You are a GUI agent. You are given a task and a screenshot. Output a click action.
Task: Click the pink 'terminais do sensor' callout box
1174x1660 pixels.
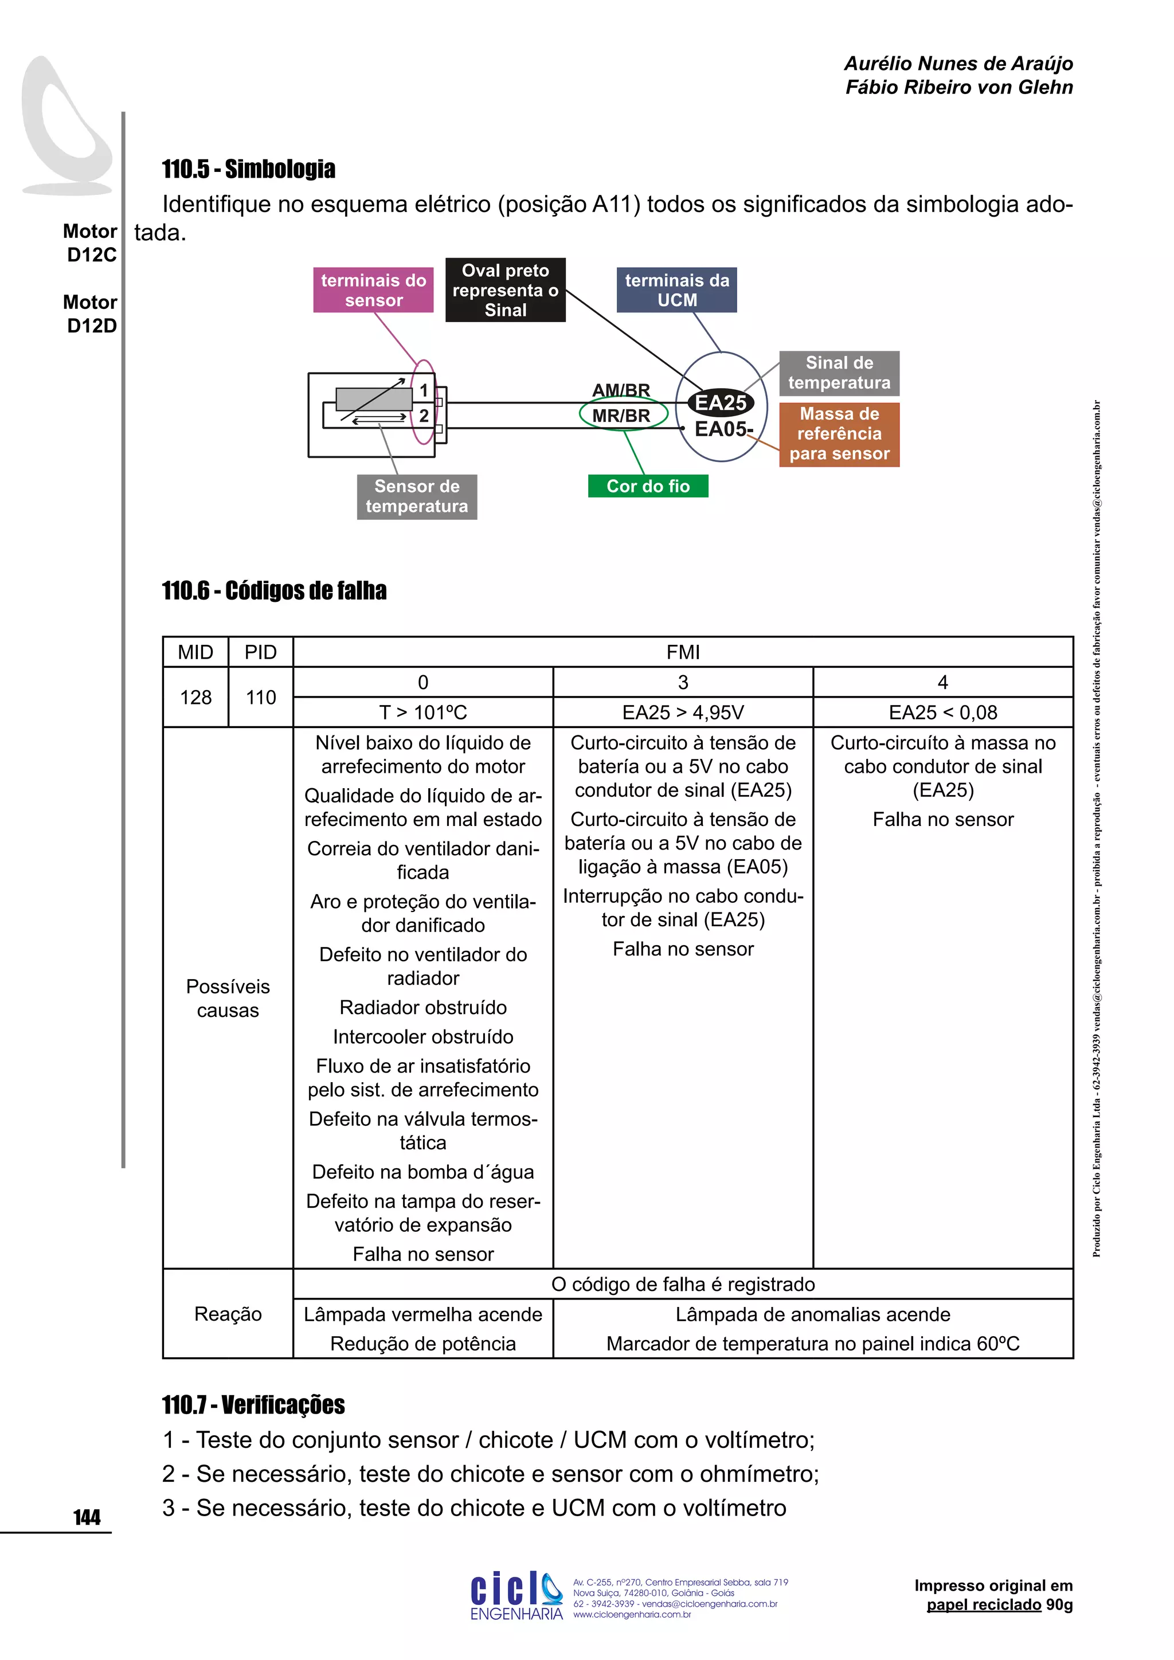[x=373, y=290]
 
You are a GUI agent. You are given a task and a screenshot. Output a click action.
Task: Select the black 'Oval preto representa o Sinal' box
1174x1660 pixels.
[x=505, y=290]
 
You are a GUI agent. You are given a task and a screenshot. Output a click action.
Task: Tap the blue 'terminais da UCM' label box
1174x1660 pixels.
[x=676, y=290]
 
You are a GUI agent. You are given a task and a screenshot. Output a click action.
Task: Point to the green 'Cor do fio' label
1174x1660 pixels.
[x=648, y=486]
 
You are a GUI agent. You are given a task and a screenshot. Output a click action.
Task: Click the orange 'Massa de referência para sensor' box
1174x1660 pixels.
[x=839, y=434]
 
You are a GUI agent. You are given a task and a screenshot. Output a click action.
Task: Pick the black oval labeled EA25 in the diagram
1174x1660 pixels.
[x=720, y=403]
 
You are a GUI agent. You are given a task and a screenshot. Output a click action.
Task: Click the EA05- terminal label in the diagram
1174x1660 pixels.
[x=722, y=429]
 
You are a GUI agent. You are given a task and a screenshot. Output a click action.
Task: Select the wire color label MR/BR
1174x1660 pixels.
[x=621, y=416]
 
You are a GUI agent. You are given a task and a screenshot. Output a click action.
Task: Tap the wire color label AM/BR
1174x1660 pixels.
[x=621, y=390]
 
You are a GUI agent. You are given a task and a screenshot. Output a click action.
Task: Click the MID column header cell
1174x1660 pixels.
[x=195, y=652]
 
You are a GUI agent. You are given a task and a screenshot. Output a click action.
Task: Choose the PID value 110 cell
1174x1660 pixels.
[x=260, y=697]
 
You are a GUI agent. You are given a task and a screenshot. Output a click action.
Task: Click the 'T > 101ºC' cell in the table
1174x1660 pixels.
[x=423, y=712]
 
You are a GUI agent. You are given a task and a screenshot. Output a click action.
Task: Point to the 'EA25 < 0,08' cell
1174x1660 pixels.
[x=942, y=712]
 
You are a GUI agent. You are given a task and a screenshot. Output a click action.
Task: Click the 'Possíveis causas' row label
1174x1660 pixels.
[x=228, y=998]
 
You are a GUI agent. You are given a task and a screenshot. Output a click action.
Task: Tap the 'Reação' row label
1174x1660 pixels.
[x=228, y=1314]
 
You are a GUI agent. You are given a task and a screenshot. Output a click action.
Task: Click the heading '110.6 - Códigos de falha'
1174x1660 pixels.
[x=274, y=591]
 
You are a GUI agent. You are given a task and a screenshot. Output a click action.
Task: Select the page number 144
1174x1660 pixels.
[x=87, y=1517]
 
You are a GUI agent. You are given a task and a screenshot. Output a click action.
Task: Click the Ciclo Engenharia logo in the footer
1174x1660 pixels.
[x=516, y=1596]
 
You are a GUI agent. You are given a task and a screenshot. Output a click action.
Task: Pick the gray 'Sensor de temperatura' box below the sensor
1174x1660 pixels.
[x=416, y=496]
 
